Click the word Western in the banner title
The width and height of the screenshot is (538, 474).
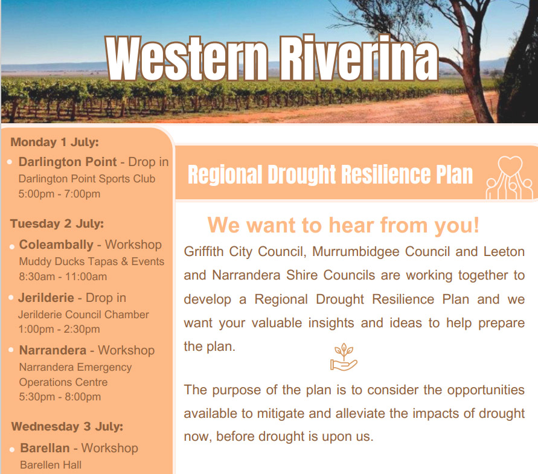point(187,59)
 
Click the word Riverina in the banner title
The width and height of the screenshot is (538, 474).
point(359,57)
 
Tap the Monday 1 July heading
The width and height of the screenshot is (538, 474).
point(54,142)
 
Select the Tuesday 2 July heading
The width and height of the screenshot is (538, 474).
point(57,224)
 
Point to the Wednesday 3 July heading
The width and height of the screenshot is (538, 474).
point(67,427)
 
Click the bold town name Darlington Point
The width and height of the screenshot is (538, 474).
point(68,162)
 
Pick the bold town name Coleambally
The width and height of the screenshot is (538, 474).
point(56,245)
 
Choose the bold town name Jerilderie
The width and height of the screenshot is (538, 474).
point(46,298)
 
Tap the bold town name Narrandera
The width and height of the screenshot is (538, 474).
point(53,350)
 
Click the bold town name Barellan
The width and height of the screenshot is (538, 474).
point(45,448)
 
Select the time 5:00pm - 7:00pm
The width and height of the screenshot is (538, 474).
point(59,194)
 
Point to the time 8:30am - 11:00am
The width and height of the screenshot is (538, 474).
point(63,277)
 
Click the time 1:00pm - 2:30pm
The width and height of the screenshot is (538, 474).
point(59,329)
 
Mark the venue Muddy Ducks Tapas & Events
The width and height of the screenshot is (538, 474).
point(92,261)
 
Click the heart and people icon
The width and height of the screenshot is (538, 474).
point(509,178)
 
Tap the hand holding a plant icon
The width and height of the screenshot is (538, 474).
point(344,357)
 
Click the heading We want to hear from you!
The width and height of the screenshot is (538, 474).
point(344,225)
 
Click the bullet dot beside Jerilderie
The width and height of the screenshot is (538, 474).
point(11,298)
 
